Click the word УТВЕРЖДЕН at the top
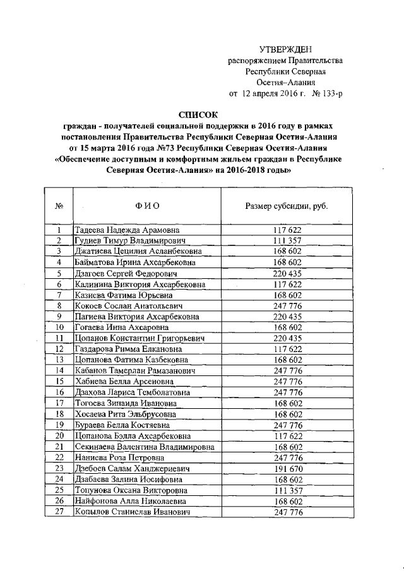click(x=285, y=49)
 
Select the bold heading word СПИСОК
click(x=198, y=115)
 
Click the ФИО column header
click(x=146, y=206)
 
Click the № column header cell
click(x=59, y=206)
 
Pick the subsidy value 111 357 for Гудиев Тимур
click(x=287, y=241)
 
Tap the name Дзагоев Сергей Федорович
click(x=126, y=273)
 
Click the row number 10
click(x=59, y=327)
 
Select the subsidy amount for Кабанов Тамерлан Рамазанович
click(x=287, y=371)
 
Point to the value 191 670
click(x=287, y=469)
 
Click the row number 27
click(x=59, y=512)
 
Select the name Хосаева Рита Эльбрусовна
click(x=127, y=415)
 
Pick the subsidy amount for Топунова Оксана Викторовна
click(x=287, y=491)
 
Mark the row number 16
click(x=59, y=392)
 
